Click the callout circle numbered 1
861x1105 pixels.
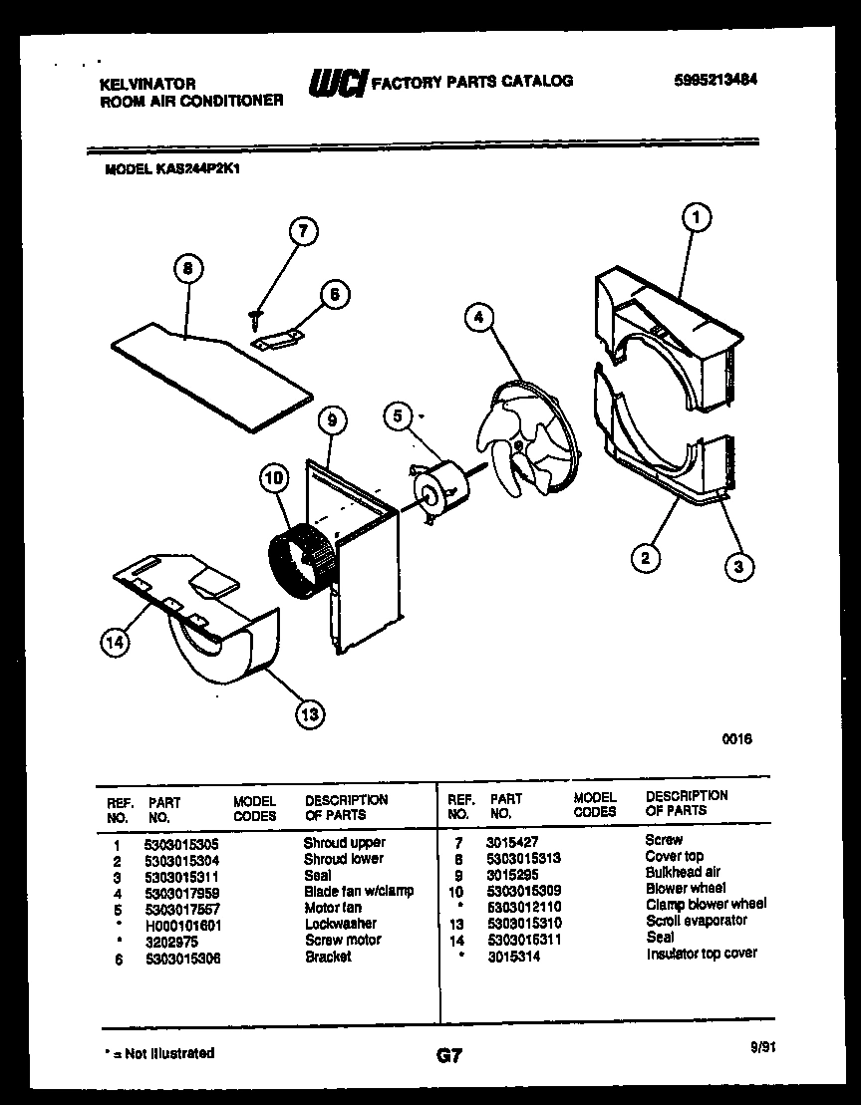[x=697, y=216]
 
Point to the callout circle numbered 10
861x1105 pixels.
[x=273, y=478]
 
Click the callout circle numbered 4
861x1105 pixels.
[x=479, y=318]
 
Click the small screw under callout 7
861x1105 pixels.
[x=254, y=316]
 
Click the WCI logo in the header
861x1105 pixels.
[x=337, y=83]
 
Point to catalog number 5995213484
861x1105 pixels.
[x=708, y=81]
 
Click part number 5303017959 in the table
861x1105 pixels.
[x=182, y=891]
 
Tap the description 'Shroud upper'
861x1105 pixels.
[x=344, y=843]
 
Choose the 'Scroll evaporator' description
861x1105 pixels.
[x=696, y=921]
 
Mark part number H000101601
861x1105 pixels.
[x=182, y=924]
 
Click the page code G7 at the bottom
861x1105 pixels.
[x=449, y=1056]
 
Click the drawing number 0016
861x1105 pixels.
[x=737, y=739]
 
